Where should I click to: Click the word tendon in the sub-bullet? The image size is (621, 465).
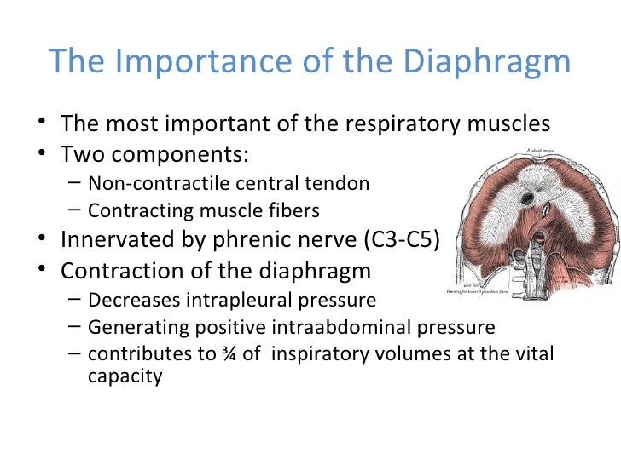345,183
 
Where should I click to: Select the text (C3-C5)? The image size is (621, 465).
401,241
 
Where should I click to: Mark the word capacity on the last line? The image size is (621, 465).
125,376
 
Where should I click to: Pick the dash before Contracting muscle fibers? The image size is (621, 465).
73,210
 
